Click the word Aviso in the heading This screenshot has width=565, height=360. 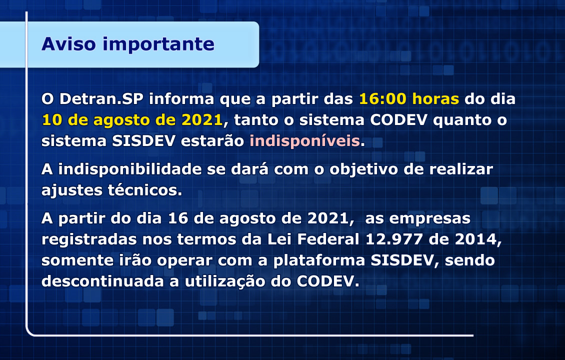coord(69,44)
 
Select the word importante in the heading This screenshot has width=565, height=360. coord(158,44)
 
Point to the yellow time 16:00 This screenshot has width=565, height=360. coord(382,98)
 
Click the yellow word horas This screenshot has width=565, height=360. coord(435,98)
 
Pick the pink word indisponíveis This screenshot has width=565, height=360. coord(305,141)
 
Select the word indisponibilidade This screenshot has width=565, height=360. coord(129,169)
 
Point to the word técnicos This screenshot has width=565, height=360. coord(145,190)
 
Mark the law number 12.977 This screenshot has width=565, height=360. coord(394,239)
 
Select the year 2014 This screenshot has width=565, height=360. coord(478,239)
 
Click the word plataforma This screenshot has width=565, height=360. coord(319,260)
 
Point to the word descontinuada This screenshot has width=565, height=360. coord(102,281)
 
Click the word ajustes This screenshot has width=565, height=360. coord(71,190)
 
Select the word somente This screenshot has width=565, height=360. coord(77,260)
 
